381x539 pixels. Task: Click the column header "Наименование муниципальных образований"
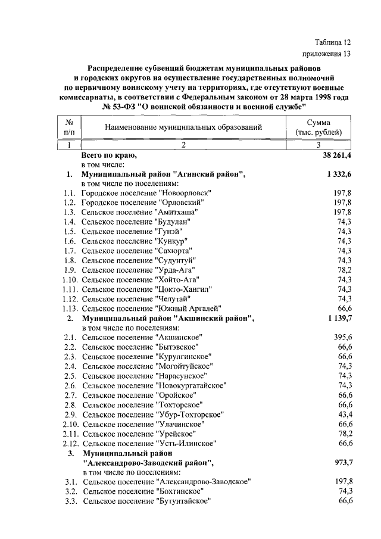pyautogui.click(x=183, y=127)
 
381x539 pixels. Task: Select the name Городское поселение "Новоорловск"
pyautogui.click(x=146, y=193)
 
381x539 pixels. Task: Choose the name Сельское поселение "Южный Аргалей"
pyautogui.click(x=152, y=308)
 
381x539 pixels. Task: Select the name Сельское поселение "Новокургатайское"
pyautogui.click(x=154, y=385)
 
